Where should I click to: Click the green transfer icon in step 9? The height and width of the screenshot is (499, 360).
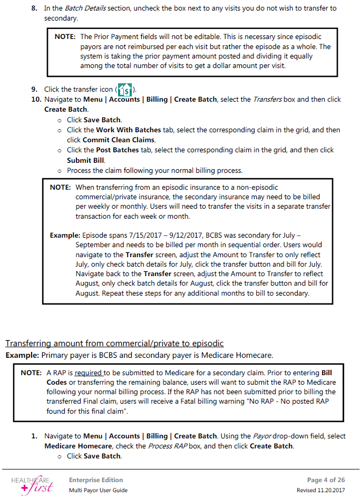coord(125,89)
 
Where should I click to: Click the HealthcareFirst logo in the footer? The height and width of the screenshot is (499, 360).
coord(32,484)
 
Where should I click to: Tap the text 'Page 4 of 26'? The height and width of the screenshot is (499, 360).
coord(327,480)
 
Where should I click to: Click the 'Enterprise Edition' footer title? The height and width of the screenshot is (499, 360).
coord(96,480)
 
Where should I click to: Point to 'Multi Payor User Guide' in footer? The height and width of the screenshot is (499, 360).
coord(98,490)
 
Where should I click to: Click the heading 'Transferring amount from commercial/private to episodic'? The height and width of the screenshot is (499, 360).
coord(114,344)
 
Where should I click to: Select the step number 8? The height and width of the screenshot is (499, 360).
coord(34,8)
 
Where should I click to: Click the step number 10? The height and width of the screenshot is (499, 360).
coord(36,99)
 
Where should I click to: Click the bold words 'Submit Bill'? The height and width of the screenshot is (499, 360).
coord(86,160)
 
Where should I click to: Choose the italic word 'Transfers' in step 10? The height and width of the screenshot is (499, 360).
coord(266,99)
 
